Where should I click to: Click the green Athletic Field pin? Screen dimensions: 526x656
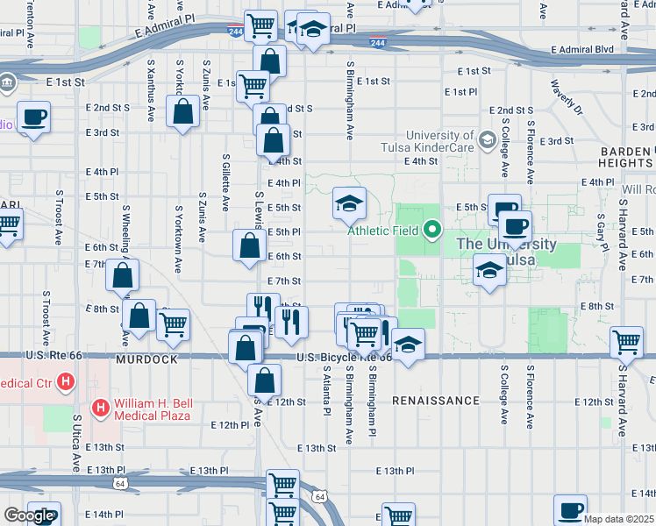click(x=431, y=231)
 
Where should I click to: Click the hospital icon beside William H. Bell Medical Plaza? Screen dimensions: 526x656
click(x=101, y=408)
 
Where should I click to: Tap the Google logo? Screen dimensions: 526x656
click(x=28, y=515)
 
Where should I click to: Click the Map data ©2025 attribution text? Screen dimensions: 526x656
click(x=619, y=519)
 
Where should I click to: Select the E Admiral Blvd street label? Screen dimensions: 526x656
click(x=582, y=50)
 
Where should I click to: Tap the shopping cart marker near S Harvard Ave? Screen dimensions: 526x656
click(x=626, y=341)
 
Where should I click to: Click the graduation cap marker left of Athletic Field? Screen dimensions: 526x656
click(x=349, y=205)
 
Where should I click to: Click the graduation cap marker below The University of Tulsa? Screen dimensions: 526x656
click(x=488, y=270)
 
